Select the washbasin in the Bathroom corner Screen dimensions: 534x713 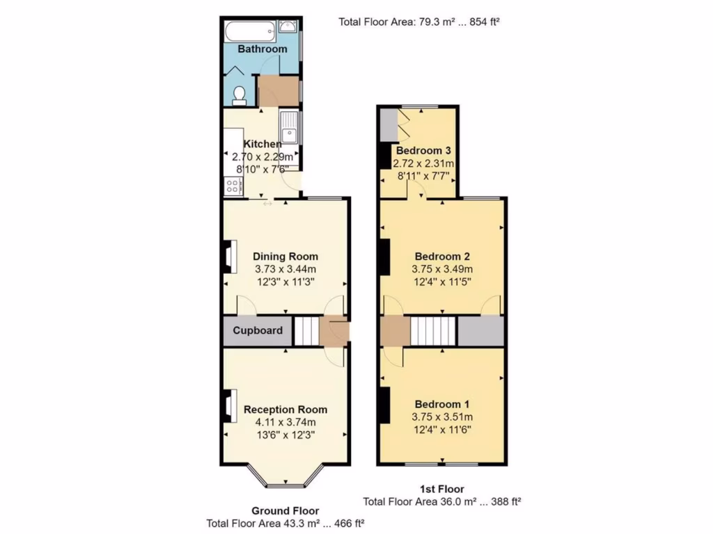(288, 26)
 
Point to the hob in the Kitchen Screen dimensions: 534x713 (232, 186)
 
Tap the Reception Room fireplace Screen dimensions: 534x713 (228, 406)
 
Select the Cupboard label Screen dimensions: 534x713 (258, 330)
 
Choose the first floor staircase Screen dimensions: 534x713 (432, 331)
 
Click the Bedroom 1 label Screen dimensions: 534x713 (442, 404)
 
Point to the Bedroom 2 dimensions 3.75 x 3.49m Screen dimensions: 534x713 (442, 269)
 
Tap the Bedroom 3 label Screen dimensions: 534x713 (423, 151)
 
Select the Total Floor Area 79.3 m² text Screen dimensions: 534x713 (419, 22)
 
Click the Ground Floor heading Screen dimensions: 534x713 (285, 511)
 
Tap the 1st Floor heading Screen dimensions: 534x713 (441, 489)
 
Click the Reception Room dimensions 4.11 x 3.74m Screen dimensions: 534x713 (285, 422)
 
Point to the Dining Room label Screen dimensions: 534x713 (285, 256)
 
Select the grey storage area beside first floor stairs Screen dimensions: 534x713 (480, 331)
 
